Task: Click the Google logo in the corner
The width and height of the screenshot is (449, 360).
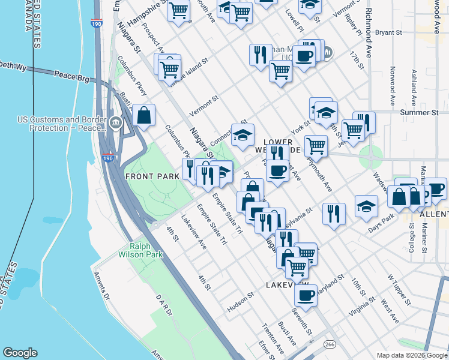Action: pos(20,353)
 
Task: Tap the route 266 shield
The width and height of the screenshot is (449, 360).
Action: pos(330,344)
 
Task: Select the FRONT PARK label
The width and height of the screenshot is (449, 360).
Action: pos(152,176)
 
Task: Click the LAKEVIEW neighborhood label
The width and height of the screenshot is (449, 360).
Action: pos(287,284)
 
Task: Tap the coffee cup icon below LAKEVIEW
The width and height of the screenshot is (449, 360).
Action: pos(306,296)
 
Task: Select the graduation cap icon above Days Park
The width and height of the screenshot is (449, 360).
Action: pos(366,206)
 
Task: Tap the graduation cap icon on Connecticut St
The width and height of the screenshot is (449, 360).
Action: pos(243,135)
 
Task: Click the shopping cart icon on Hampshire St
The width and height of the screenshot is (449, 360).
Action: pos(178,10)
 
